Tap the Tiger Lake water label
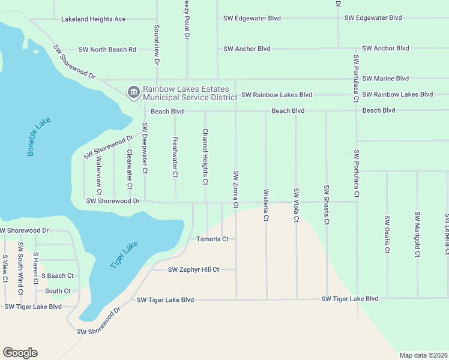pyautogui.click(x=124, y=254)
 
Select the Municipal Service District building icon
pyautogui.click(x=133, y=92)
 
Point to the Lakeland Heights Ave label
pyautogui.click(x=93, y=19)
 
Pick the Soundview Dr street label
pyautogui.click(x=156, y=45)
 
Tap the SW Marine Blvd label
pyautogui.click(x=386, y=79)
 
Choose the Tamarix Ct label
pyautogui.click(x=212, y=239)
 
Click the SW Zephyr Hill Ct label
pyautogui.click(x=193, y=270)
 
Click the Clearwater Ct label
pyautogui.click(x=128, y=169)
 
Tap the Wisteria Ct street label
pyautogui.click(x=265, y=205)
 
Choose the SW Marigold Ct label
pyautogui.click(x=417, y=234)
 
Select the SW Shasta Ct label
pyautogui.click(x=326, y=205)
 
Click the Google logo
pyautogui.click(x=20, y=353)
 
